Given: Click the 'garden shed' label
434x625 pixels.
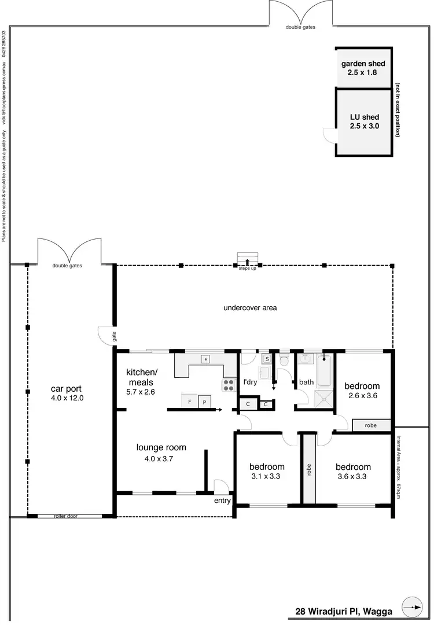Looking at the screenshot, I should click(363, 64).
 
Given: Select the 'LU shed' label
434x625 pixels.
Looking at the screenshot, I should click(364, 117).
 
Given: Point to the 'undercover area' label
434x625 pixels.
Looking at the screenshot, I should click(250, 308).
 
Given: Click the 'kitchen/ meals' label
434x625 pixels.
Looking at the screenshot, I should click(141, 377).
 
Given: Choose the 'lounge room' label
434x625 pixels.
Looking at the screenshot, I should click(161, 447).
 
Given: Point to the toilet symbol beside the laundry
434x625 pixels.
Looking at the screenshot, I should click(284, 360).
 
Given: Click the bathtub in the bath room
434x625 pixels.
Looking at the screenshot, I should click(325, 370).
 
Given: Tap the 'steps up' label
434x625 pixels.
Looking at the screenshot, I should click(247, 269).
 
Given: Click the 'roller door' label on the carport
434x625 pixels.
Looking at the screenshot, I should click(65, 516).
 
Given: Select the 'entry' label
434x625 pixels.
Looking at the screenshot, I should click(222, 501).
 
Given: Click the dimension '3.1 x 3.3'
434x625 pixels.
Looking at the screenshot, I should click(267, 477).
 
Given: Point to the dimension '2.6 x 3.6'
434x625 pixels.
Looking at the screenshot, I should click(362, 396).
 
